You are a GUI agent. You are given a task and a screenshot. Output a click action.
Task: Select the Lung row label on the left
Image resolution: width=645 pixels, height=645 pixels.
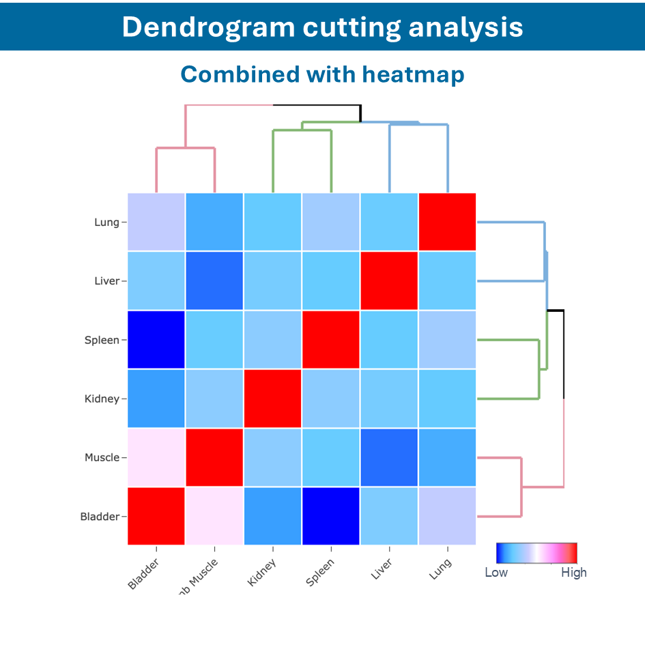click(x=106, y=223)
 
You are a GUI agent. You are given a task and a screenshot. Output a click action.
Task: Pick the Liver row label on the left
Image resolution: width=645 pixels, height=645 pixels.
click(x=106, y=281)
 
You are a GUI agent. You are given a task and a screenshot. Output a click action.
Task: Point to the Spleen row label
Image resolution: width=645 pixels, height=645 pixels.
click(x=102, y=340)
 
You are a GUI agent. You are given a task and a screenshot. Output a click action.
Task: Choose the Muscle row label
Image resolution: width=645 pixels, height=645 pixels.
click(x=102, y=457)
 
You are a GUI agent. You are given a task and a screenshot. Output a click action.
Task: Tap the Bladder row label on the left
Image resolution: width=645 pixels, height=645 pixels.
click(x=100, y=516)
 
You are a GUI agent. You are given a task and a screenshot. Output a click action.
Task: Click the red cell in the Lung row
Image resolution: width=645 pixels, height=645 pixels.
click(x=447, y=223)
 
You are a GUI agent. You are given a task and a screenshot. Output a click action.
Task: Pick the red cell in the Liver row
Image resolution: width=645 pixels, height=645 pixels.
click(x=389, y=281)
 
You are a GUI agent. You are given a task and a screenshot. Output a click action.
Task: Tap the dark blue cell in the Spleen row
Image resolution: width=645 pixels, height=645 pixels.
click(x=156, y=340)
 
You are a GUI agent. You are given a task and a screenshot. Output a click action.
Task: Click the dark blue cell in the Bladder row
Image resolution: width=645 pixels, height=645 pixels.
click(x=330, y=516)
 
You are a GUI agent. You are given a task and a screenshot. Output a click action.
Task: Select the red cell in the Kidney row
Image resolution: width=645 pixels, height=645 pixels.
click(x=272, y=399)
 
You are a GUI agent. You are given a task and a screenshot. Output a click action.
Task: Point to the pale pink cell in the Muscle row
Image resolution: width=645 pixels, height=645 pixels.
click(x=156, y=457)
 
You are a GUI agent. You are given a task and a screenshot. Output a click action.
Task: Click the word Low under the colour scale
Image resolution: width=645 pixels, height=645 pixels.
click(x=496, y=573)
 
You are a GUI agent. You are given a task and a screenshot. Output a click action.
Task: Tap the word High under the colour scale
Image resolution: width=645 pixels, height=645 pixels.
click(x=573, y=573)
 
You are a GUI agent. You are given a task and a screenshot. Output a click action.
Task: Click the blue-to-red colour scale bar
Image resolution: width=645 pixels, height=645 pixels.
click(x=536, y=552)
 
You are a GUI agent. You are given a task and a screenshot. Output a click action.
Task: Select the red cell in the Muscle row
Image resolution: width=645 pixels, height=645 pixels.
click(x=214, y=457)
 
